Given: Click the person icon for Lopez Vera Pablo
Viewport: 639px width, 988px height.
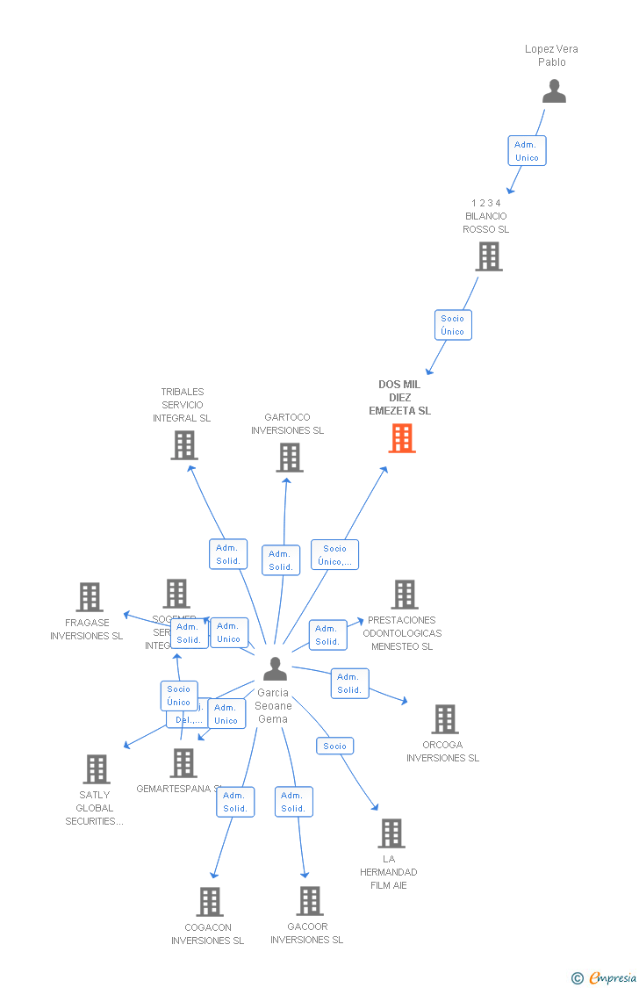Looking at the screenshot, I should point(554,91).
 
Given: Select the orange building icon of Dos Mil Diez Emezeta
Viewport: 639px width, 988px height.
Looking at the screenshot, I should point(401,438).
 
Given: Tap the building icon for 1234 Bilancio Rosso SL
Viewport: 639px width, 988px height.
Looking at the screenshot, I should point(488,256).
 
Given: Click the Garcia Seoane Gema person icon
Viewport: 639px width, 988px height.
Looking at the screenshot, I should point(275,669).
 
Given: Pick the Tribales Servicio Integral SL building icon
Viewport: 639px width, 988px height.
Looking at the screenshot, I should point(183,445).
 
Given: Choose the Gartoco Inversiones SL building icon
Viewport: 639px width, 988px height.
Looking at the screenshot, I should point(289,458).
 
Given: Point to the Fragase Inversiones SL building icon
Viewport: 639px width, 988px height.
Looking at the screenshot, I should point(89,597).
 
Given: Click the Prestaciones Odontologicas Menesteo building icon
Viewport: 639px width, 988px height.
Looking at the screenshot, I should point(404,595).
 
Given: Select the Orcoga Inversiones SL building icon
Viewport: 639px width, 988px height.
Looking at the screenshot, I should point(444,719).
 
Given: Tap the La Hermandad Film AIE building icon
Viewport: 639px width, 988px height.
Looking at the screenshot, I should point(391,833).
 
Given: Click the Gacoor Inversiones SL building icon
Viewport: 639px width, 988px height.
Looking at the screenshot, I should point(309,901).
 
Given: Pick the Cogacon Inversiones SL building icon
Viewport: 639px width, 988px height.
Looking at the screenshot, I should point(209,902).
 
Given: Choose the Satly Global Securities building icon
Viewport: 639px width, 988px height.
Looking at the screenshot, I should point(96,769).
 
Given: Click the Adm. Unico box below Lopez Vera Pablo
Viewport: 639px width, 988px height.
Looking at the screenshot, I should point(527,151).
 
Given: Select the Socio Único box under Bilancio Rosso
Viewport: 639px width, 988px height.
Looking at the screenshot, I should point(453,325).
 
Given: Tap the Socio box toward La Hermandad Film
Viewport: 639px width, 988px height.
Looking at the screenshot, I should point(334,746).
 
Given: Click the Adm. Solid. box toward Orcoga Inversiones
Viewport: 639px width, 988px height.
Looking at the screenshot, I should point(349,683).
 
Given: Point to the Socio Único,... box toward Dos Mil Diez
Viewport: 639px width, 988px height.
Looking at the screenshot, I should point(334,555).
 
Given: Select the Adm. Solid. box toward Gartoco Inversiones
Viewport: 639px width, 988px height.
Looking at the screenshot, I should point(281,560).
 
